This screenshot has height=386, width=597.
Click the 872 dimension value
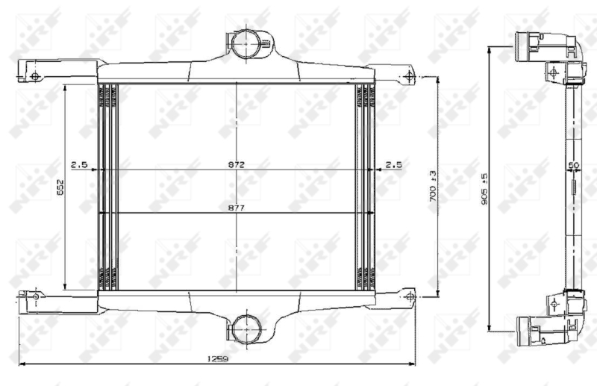[x=236, y=164]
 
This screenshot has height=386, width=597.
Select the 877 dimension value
[x=236, y=208]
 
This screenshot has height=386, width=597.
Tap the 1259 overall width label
[x=217, y=358]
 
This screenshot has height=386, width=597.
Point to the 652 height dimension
[x=60, y=187]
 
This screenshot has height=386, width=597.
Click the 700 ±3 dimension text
[x=433, y=186]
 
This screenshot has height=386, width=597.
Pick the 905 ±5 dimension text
[x=484, y=189]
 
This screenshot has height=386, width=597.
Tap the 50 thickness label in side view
[x=574, y=165]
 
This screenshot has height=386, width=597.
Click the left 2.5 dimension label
[x=79, y=164]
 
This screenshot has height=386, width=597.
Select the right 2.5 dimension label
[x=394, y=164]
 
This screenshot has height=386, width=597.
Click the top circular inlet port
[x=246, y=43]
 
